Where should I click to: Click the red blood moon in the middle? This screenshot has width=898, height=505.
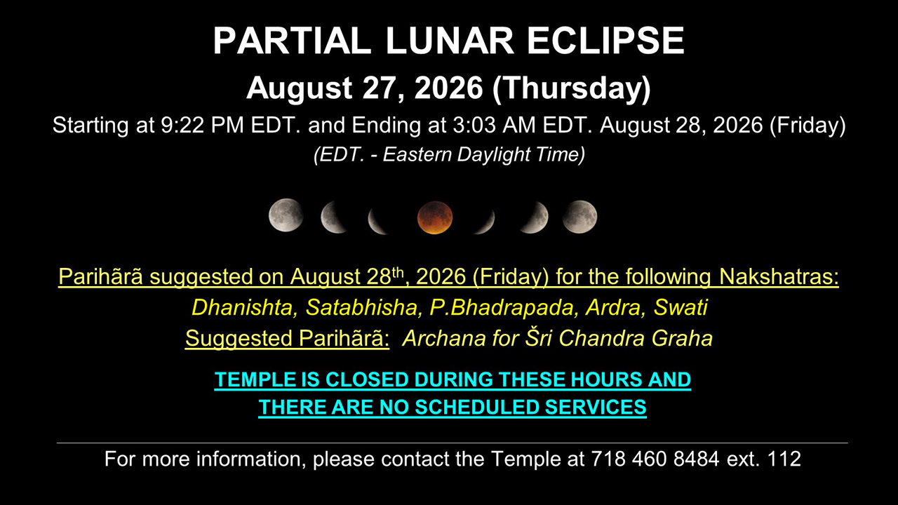pyautogui.click(x=435, y=217)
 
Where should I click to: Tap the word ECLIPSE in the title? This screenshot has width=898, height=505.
pyautogui.click(x=605, y=41)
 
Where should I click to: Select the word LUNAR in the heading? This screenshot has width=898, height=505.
pyautogui.click(x=450, y=41)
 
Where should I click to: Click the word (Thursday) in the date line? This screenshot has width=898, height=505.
pyautogui.click(x=572, y=88)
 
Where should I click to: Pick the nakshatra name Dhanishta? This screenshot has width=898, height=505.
pyautogui.click(x=244, y=307)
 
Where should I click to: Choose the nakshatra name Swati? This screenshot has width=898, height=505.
pyautogui.click(x=681, y=307)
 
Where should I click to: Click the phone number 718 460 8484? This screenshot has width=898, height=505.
pyautogui.click(x=655, y=459)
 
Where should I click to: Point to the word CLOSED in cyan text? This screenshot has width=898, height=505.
pyautogui.click(x=366, y=379)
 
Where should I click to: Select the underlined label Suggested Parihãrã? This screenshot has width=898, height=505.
pyautogui.click(x=287, y=338)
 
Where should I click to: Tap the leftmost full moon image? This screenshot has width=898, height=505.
pyautogui.click(x=286, y=215)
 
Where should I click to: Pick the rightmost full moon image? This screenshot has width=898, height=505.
pyautogui.click(x=579, y=217)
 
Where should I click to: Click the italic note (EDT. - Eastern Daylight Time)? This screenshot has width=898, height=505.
pyautogui.click(x=449, y=155)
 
